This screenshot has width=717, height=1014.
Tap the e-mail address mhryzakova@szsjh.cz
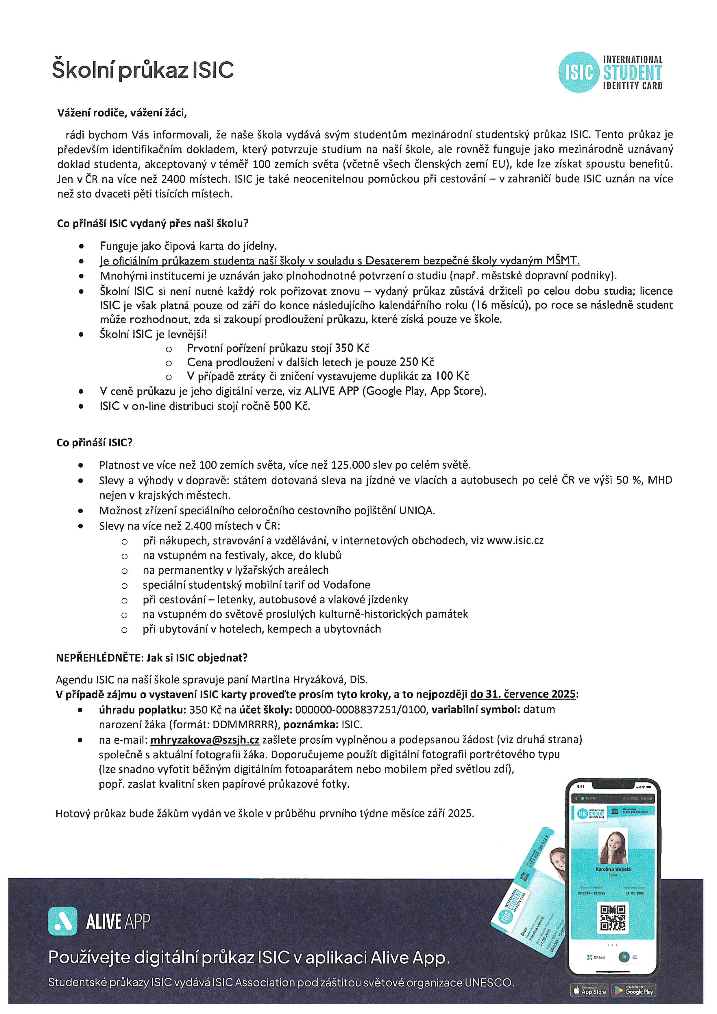(x=205, y=740)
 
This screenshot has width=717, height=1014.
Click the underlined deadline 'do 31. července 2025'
(x=523, y=694)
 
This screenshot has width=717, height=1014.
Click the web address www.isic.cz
(x=515, y=541)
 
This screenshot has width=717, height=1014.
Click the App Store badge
(x=590, y=991)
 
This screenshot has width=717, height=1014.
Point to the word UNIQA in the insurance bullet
(x=417, y=511)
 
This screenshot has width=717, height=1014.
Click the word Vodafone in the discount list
(x=347, y=585)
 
